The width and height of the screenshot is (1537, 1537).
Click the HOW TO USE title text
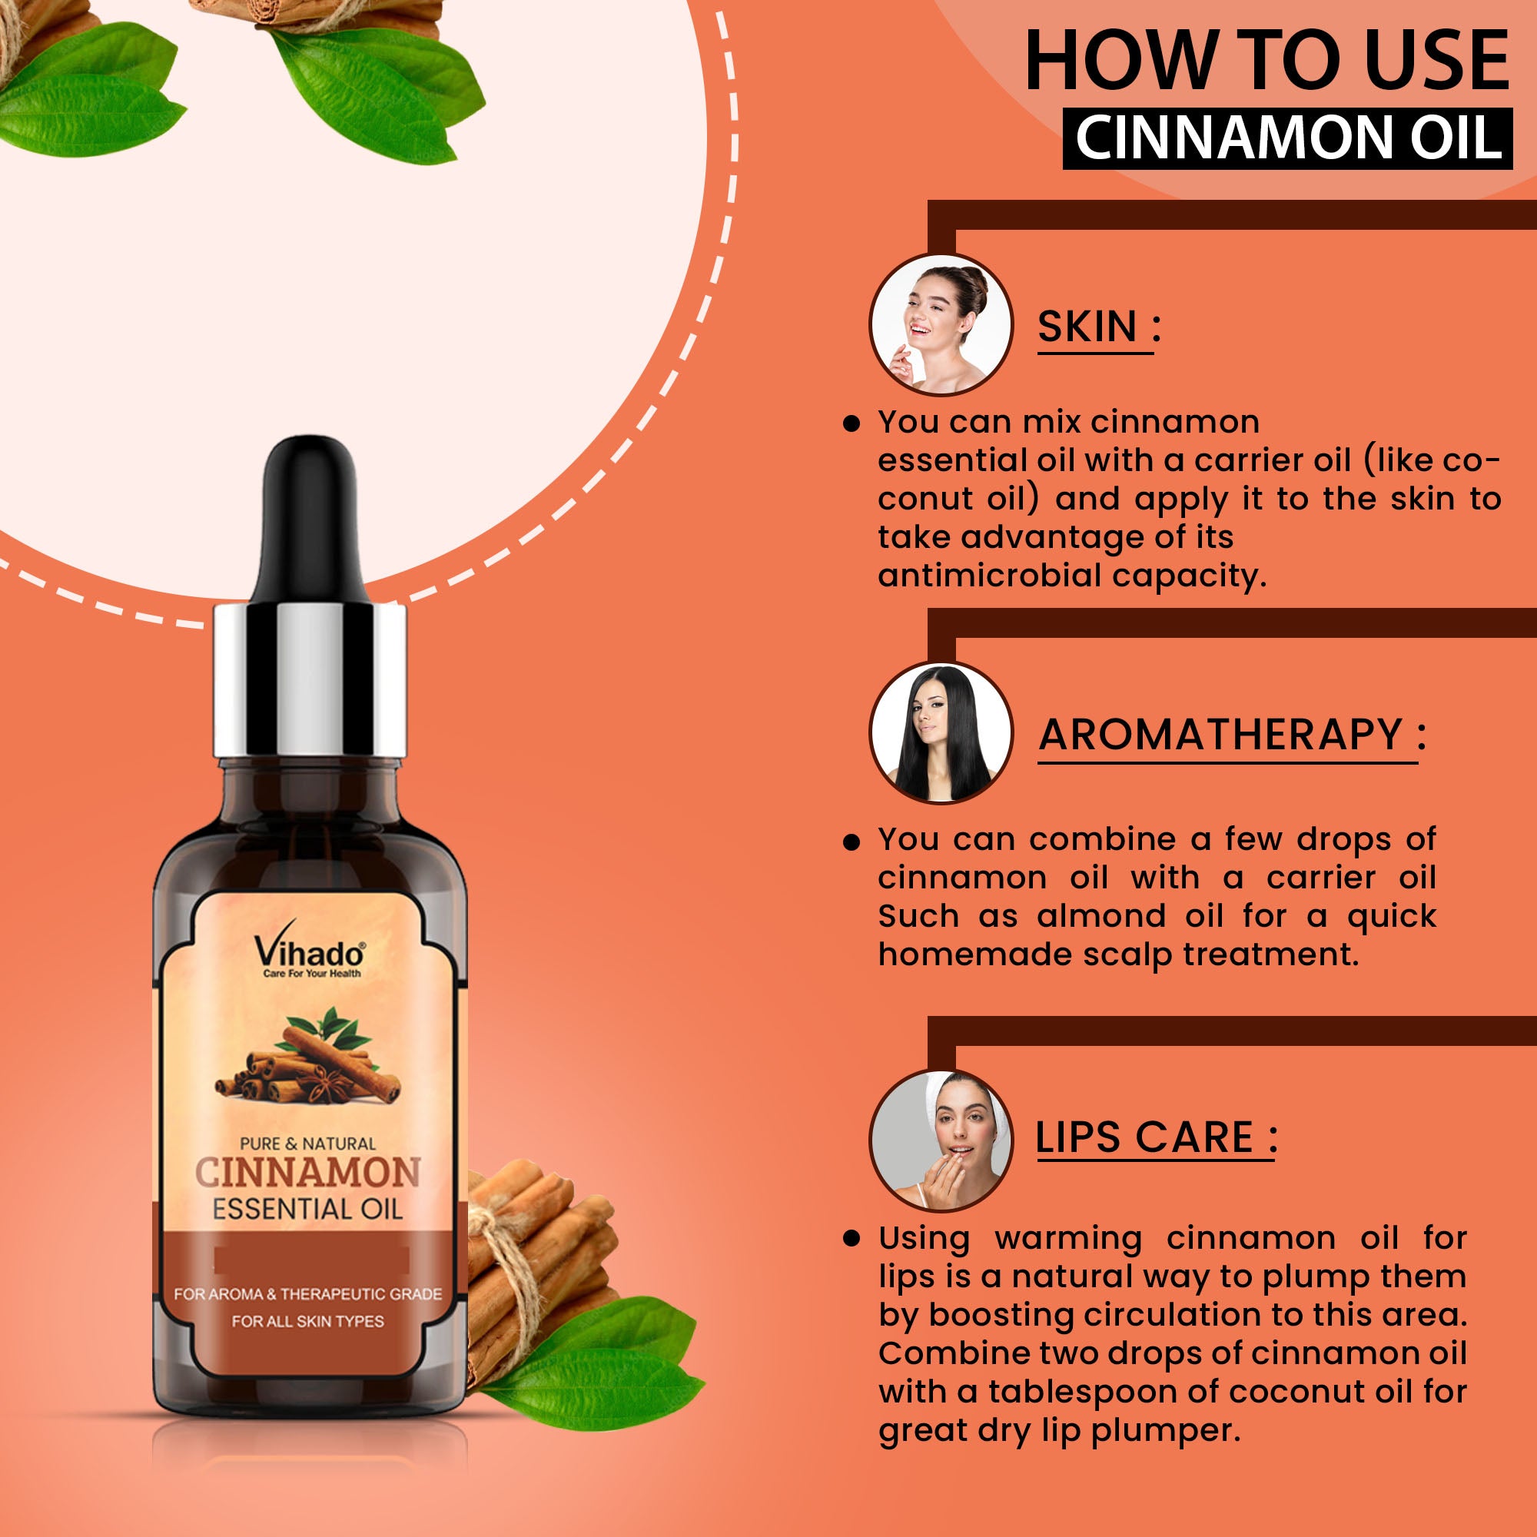click(1266, 61)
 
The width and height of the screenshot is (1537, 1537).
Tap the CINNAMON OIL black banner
click(1287, 138)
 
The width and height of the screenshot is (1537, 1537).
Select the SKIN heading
click(1099, 326)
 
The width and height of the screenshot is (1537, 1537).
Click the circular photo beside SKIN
click(941, 324)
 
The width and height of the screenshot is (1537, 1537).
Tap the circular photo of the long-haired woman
click(941, 732)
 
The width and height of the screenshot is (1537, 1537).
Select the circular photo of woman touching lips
click(941, 1140)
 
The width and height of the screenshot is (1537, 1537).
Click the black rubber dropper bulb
click(310, 521)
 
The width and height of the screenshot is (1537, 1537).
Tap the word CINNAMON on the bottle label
click(309, 1173)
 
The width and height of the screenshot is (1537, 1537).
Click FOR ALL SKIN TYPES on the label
click(308, 1321)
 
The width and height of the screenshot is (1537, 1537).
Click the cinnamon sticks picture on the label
click(309, 1057)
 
